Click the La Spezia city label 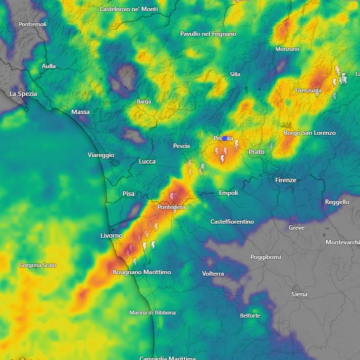[24, 93]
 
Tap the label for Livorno [112, 236]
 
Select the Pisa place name [129, 193]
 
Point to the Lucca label [147, 162]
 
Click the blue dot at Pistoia [225, 138]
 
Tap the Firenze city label [286, 180]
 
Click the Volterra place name [213, 274]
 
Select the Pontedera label [171, 207]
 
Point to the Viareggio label [100, 155]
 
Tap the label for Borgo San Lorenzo [310, 133]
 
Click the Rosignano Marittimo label [141, 272]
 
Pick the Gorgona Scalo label [37, 265]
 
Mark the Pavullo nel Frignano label [208, 34]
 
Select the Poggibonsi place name [266, 257]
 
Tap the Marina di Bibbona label [152, 313]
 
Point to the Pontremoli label [32, 24]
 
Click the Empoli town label [228, 193]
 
